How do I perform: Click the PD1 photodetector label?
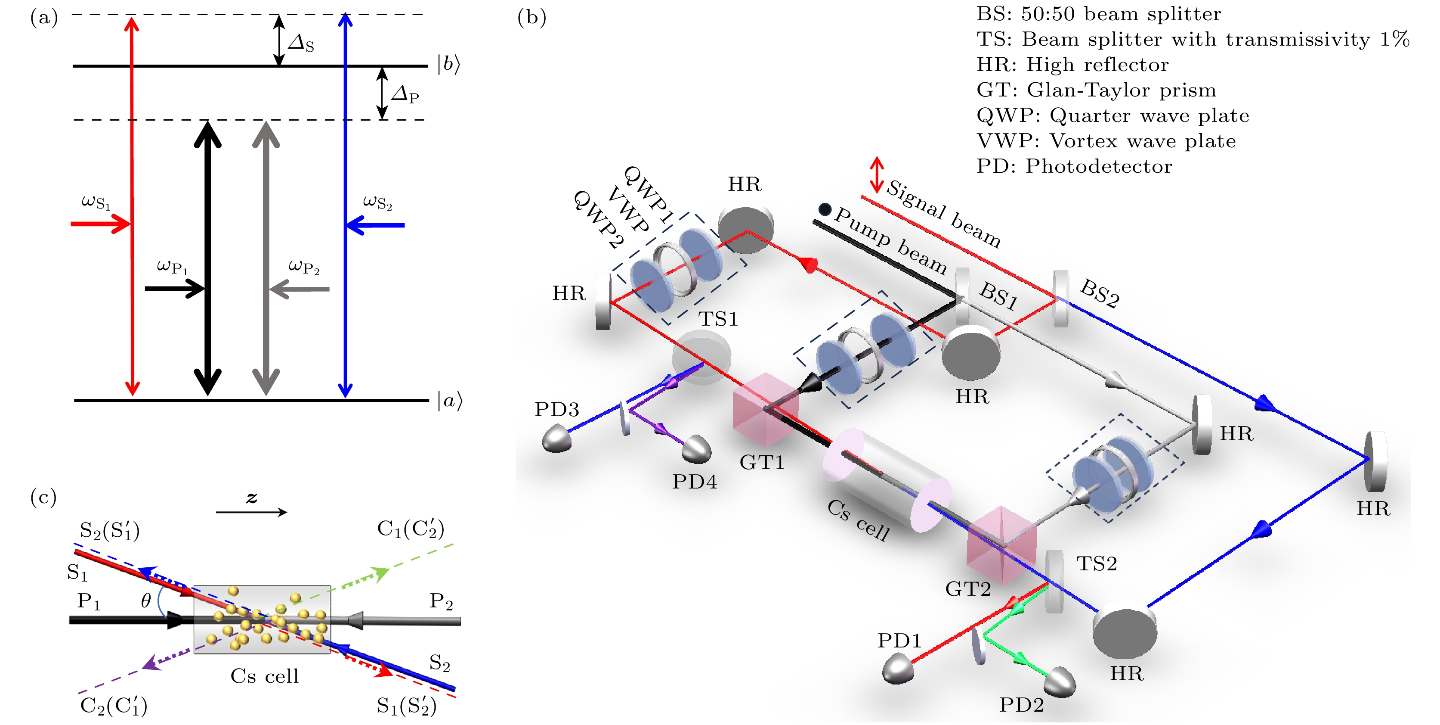(899, 641)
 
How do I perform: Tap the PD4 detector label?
(694, 482)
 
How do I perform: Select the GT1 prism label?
(762, 463)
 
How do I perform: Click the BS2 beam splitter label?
(1100, 294)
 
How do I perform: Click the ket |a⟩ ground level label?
(449, 401)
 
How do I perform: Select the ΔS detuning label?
(301, 43)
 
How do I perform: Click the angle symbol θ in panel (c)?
(146, 601)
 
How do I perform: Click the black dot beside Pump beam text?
(825, 209)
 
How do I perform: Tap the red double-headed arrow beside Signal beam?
(877, 174)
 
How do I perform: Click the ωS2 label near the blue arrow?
(377, 202)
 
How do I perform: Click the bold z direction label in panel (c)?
(252, 498)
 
